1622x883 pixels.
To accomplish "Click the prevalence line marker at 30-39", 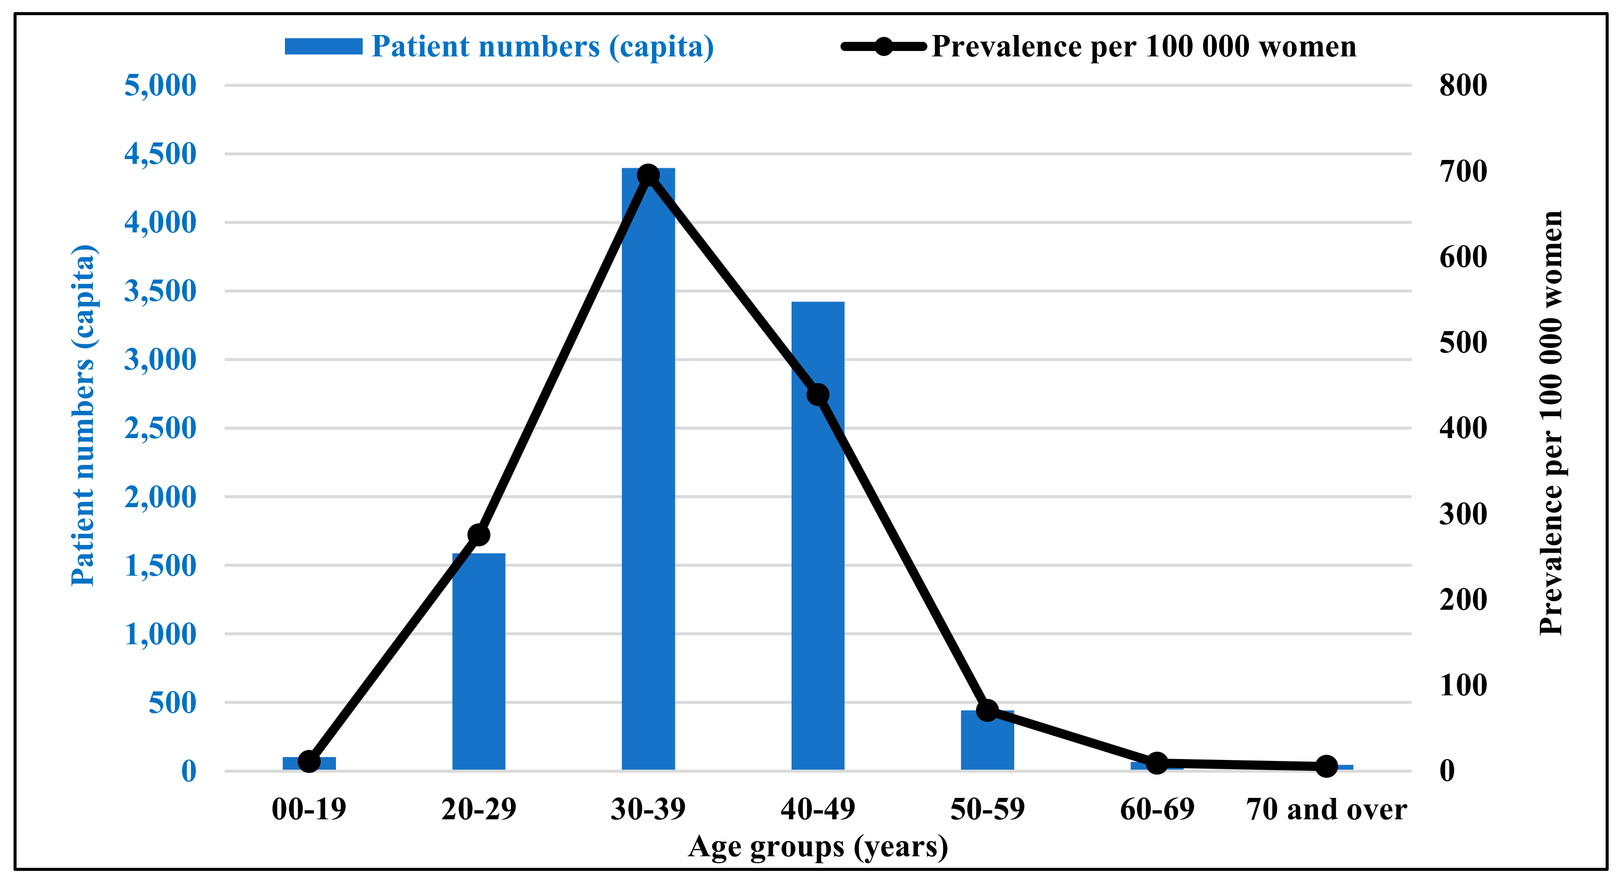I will click(648, 175).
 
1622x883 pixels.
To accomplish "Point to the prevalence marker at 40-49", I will click(817, 395).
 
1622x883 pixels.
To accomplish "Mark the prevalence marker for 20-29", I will click(478, 535).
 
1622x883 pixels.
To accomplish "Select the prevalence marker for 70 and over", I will click(1326, 766).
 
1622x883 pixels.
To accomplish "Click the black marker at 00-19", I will click(309, 761).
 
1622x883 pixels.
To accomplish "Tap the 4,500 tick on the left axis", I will click(160, 154).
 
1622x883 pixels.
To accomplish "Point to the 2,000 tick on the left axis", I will click(160, 497).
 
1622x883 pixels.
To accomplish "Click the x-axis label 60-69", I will click(1157, 809).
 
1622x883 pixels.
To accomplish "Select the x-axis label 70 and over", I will click(1326, 809).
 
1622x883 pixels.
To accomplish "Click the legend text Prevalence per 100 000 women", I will click(1144, 47).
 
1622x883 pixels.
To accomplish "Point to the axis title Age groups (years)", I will click(817, 847).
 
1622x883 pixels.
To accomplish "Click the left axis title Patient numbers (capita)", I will click(83, 416).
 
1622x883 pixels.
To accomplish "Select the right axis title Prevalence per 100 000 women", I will click(1550, 423).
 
